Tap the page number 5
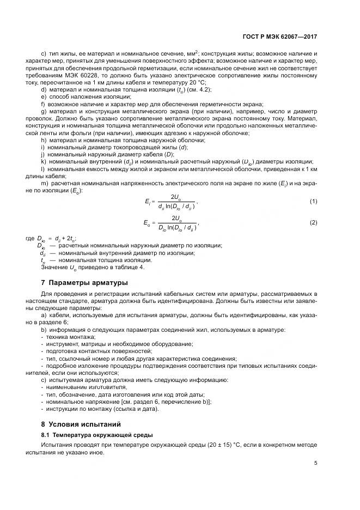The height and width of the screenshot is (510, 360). [315, 463]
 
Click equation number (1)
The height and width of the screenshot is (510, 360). [313, 202]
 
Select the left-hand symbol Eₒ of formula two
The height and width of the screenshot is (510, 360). [148, 222]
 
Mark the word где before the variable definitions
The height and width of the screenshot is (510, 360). [30, 239]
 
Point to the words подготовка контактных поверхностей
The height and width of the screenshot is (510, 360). [90, 351]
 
